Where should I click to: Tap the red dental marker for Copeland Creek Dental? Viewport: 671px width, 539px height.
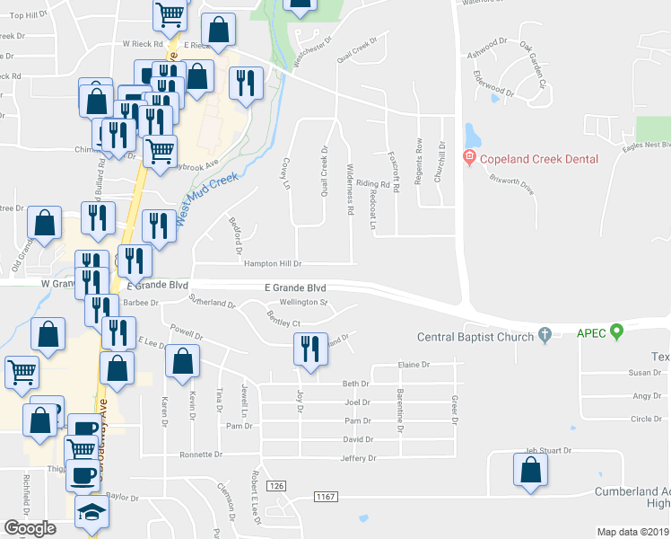[467, 159]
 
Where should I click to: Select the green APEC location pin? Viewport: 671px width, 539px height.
[616, 332]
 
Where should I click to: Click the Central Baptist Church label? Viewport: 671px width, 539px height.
[475, 337]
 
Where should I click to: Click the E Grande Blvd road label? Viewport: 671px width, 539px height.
[295, 287]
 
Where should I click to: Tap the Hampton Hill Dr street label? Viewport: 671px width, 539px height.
[273, 264]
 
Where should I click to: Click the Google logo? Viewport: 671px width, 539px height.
[30, 528]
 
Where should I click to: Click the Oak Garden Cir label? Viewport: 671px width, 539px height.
[540, 65]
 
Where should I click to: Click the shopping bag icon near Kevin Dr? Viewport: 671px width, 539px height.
[183, 360]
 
